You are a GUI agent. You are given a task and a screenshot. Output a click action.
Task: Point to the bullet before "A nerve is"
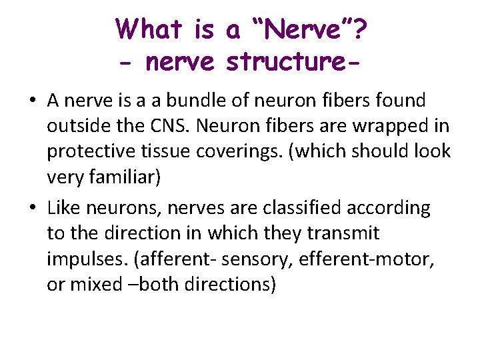32,101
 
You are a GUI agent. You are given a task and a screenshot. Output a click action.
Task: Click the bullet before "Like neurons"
32,209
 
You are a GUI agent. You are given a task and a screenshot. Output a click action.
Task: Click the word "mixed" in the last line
92,284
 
